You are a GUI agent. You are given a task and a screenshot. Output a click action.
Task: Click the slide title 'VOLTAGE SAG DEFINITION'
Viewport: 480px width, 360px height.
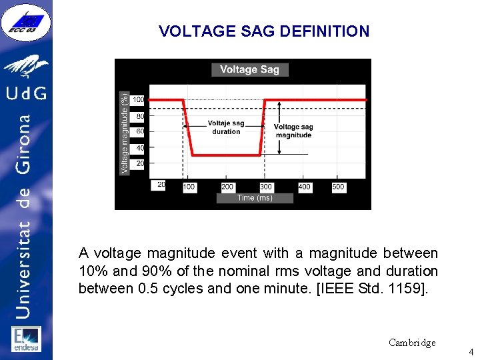264,31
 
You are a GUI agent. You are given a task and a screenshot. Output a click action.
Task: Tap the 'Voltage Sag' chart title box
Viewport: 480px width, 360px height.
250,69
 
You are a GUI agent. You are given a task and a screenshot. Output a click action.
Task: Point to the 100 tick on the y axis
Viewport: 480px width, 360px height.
137,100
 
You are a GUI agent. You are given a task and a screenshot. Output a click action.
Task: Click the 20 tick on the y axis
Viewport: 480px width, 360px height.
140,163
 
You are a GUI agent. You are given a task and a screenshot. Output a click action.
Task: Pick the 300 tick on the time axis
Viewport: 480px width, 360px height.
266,187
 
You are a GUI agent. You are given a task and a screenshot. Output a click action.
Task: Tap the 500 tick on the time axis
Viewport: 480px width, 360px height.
338,187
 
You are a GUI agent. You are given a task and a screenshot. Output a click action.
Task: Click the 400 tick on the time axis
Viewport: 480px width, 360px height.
304,187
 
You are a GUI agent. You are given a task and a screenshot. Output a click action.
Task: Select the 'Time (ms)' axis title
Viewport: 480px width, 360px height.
255,198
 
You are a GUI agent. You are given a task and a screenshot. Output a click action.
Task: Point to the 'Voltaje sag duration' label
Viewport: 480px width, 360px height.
226,127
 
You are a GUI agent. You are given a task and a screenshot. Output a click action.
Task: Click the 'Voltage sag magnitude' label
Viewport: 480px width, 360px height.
293,131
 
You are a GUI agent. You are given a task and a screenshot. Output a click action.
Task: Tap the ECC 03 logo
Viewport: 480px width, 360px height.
26,23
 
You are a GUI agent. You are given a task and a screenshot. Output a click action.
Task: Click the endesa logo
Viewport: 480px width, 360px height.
26,339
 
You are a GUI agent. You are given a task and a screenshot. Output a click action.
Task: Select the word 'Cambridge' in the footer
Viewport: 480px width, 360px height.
412,343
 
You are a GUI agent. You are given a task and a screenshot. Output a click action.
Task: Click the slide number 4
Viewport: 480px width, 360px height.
471,351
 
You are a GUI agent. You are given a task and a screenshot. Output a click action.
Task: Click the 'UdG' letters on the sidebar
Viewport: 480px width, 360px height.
27,92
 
